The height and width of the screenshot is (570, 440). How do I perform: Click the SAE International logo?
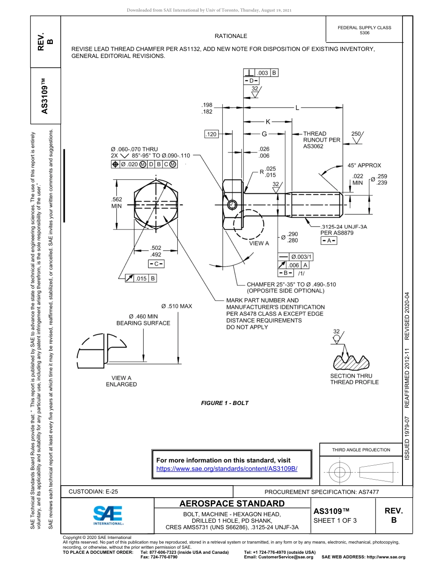tap(108, 515)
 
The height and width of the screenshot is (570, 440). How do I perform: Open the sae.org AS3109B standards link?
tap(226, 469)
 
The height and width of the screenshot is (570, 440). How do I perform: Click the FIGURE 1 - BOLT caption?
tap(225, 403)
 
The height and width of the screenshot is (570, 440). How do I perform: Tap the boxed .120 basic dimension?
tap(211, 134)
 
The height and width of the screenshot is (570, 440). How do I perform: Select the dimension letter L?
tap(297, 108)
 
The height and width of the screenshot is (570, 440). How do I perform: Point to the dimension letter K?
tap(268, 122)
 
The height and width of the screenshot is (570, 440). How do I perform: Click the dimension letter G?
tap(264, 134)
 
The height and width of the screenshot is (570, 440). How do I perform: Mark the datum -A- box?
tap(329, 241)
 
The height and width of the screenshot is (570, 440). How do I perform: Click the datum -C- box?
tap(156, 264)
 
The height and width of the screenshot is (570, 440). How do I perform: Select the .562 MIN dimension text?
tap(117, 203)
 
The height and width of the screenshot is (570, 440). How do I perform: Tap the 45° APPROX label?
tap(364, 165)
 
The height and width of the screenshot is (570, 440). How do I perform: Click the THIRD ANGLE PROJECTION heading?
tap(361, 450)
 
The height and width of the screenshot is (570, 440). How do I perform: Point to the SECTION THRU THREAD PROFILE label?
tap(354, 379)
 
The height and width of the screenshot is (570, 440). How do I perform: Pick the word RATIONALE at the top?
tap(231, 36)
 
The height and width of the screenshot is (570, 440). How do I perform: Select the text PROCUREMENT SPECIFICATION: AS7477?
tap(321, 492)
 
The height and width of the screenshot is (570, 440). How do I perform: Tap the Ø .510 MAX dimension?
tap(176, 306)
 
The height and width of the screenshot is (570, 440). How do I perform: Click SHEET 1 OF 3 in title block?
tap(335, 520)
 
